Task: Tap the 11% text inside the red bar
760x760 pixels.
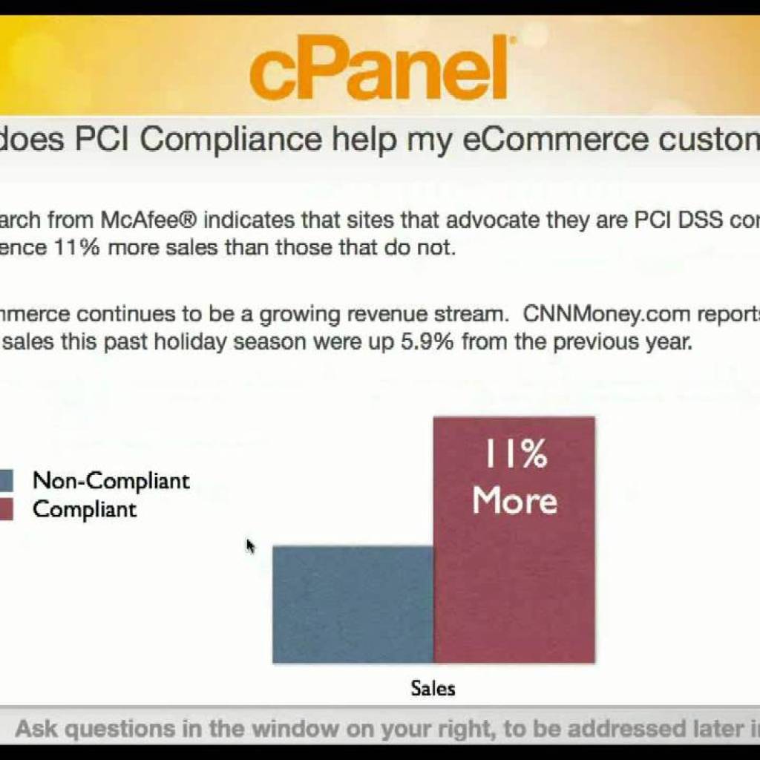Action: [x=516, y=454]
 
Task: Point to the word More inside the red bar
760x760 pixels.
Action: [x=514, y=500]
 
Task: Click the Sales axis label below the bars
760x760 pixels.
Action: [x=433, y=688]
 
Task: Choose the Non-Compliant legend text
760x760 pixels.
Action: [x=111, y=481]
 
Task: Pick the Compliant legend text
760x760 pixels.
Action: [x=85, y=510]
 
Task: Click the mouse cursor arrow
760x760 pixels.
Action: [x=250, y=546]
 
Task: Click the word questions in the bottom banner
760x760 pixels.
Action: [x=134, y=728]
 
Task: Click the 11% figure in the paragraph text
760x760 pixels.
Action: [x=78, y=248]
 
